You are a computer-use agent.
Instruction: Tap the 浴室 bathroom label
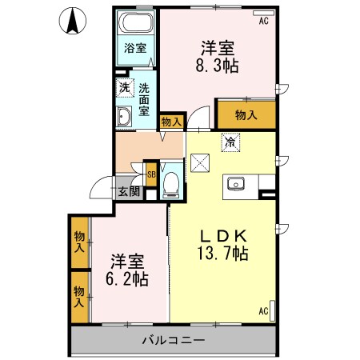coord(134,48)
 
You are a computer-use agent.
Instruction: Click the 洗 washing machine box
coord(125,87)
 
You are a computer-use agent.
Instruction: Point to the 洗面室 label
coord(144,100)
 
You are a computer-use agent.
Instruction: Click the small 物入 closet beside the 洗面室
coord(171,122)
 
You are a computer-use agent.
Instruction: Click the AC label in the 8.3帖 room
coord(263,22)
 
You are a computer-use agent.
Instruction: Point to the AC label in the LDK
coord(263,311)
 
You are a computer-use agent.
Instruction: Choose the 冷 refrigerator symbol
coord(230,143)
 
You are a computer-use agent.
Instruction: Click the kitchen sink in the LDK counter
coord(237,185)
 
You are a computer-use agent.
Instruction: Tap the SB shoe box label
coord(150,170)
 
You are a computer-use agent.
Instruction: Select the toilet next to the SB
coord(170,183)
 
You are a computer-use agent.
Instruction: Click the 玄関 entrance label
coord(129,191)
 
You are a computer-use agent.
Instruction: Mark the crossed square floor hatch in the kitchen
coord(202,165)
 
